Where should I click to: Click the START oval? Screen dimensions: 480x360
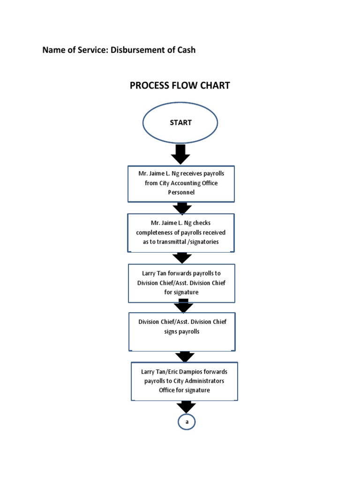click(180, 123)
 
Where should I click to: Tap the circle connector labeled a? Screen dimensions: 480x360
click(187, 422)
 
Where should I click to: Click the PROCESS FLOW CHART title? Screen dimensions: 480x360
click(180, 85)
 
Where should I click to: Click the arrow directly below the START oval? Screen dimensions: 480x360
click(180, 154)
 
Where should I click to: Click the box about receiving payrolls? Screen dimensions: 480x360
click(181, 183)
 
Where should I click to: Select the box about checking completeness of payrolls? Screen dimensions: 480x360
click(181, 233)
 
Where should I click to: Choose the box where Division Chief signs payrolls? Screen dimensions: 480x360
click(182, 332)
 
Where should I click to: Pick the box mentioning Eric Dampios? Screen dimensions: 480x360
click(184, 381)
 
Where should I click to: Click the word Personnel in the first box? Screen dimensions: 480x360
click(181, 192)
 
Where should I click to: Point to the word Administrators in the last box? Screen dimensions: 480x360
click(204, 381)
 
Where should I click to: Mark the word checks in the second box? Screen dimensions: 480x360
click(202, 223)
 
